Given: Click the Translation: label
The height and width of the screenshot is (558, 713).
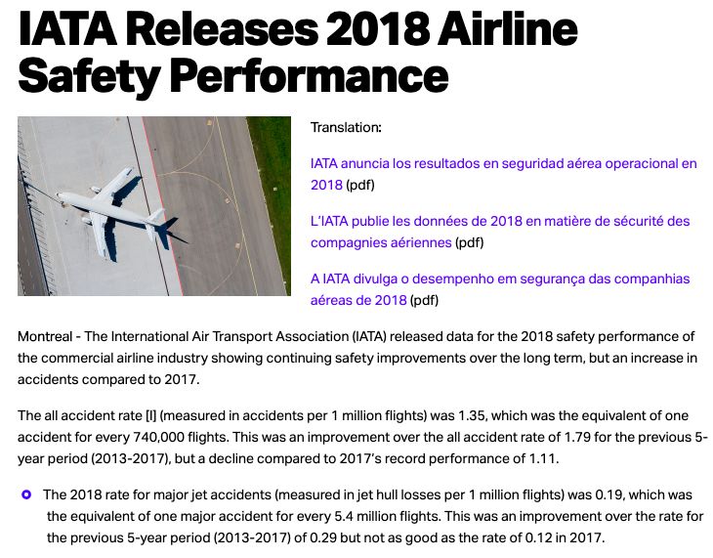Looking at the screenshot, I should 346,128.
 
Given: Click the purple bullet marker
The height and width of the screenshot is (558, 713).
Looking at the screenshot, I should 27,494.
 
